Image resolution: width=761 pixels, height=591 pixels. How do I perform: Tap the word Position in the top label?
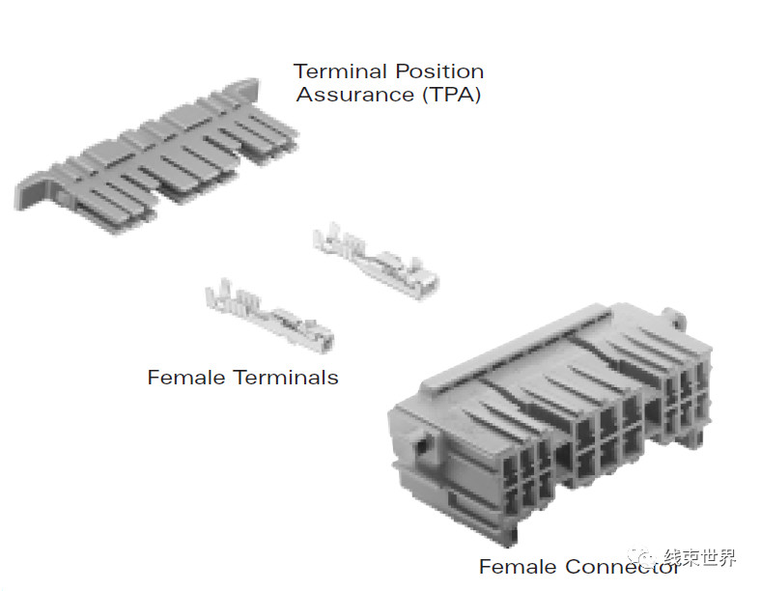pyautogui.click(x=439, y=71)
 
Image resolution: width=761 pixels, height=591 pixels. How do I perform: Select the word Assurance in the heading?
pyautogui.click(x=354, y=94)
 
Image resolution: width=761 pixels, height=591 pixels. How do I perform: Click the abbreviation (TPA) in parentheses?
pyautogui.click(x=451, y=94)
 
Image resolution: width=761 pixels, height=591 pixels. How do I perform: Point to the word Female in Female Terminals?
pyautogui.click(x=185, y=378)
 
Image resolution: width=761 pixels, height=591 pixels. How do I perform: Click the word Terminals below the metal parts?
pyautogui.click(x=286, y=378)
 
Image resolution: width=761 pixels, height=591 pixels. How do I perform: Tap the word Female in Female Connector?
pyautogui.click(x=518, y=566)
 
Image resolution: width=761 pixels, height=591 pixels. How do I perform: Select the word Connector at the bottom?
pyautogui.click(x=622, y=566)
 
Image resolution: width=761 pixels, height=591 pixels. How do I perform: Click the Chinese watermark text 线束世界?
pyautogui.click(x=699, y=557)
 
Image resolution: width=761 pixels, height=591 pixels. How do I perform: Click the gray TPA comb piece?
pyautogui.click(x=156, y=155)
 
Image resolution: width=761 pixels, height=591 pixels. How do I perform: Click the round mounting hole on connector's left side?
pyautogui.click(x=423, y=443)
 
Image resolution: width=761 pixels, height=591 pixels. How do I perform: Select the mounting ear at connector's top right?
pyautogui.click(x=675, y=319)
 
